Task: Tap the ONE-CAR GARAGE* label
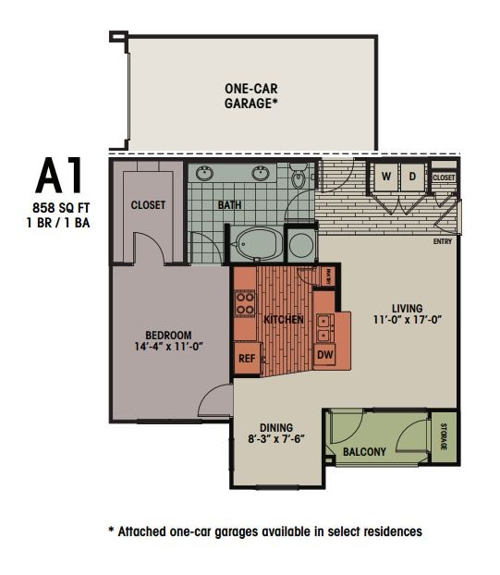[x=251, y=96]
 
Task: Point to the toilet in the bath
[x=299, y=176]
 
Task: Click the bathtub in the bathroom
[x=255, y=244]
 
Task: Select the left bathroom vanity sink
[x=205, y=173]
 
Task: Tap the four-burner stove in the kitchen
[x=246, y=303]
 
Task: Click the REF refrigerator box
[x=247, y=357]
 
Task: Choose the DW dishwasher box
[x=324, y=355]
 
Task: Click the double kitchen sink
[x=324, y=324]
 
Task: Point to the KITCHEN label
[x=284, y=319]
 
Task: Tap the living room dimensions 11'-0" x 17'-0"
[x=407, y=322]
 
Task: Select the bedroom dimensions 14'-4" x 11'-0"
[x=168, y=347]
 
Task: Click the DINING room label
[x=275, y=427]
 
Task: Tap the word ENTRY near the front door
[x=443, y=242]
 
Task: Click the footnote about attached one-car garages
[x=264, y=532]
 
